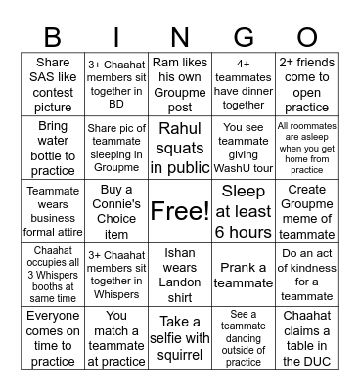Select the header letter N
tap(179, 38)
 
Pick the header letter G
tap(244, 38)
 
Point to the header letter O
tap(306, 38)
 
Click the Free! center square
tap(180, 210)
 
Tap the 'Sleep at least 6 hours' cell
tap(244, 210)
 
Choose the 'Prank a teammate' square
tap(244, 274)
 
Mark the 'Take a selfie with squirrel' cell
tap(180, 337)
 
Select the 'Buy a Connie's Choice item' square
tap(116, 210)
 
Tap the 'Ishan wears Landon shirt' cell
tap(180, 274)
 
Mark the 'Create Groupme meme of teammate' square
tap(306, 210)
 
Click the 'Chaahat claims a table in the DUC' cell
tap(306, 337)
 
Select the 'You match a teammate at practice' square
tap(116, 337)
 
